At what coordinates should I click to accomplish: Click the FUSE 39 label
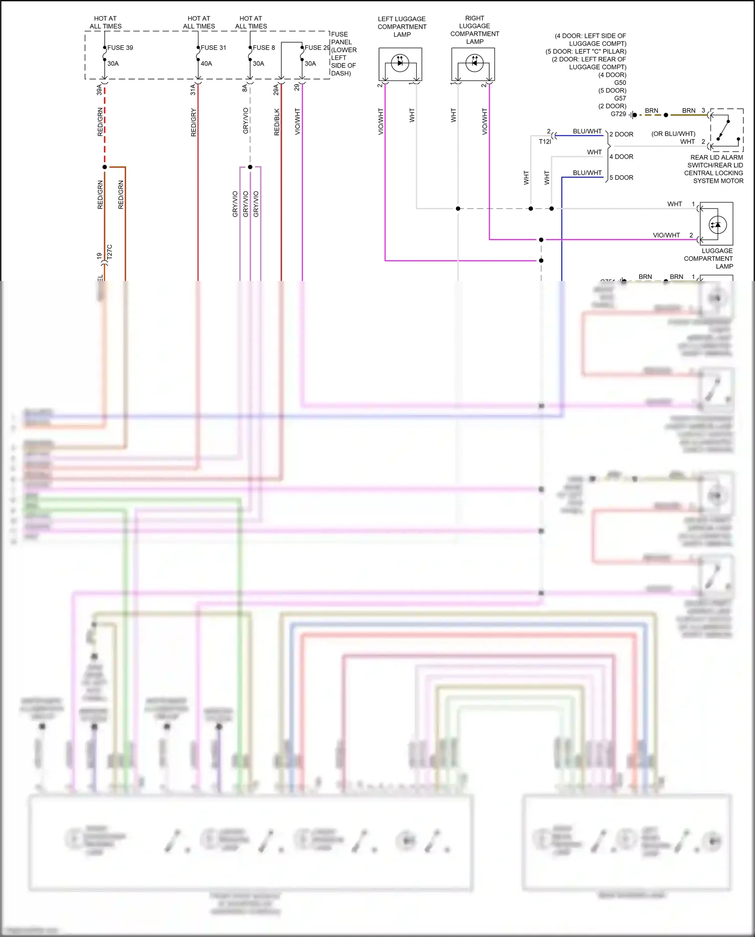pos(120,48)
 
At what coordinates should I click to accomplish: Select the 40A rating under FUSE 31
pos(206,63)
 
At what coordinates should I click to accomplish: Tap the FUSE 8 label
pos(264,48)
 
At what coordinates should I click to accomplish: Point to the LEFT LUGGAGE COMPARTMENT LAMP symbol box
pos(400,64)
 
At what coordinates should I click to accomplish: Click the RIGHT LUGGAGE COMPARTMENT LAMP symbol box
pos(473,64)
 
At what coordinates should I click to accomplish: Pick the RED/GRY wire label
pos(194,122)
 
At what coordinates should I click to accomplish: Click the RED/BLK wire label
pos(277,122)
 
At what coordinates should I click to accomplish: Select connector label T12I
pos(545,142)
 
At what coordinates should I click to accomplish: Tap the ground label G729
pos(618,114)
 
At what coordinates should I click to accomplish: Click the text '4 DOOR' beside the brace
pos(621,157)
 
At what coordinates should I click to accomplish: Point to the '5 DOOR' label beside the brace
pos(621,178)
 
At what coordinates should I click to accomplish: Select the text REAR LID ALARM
pos(716,158)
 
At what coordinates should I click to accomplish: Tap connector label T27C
pos(110,252)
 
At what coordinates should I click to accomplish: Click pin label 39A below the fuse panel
pos(99,90)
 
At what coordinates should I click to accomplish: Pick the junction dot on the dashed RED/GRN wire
pos(105,167)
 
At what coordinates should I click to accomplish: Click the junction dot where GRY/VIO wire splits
pos(250,167)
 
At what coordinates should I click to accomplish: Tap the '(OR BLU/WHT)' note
pos(673,134)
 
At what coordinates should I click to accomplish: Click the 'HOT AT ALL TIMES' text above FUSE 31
pos(199,22)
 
